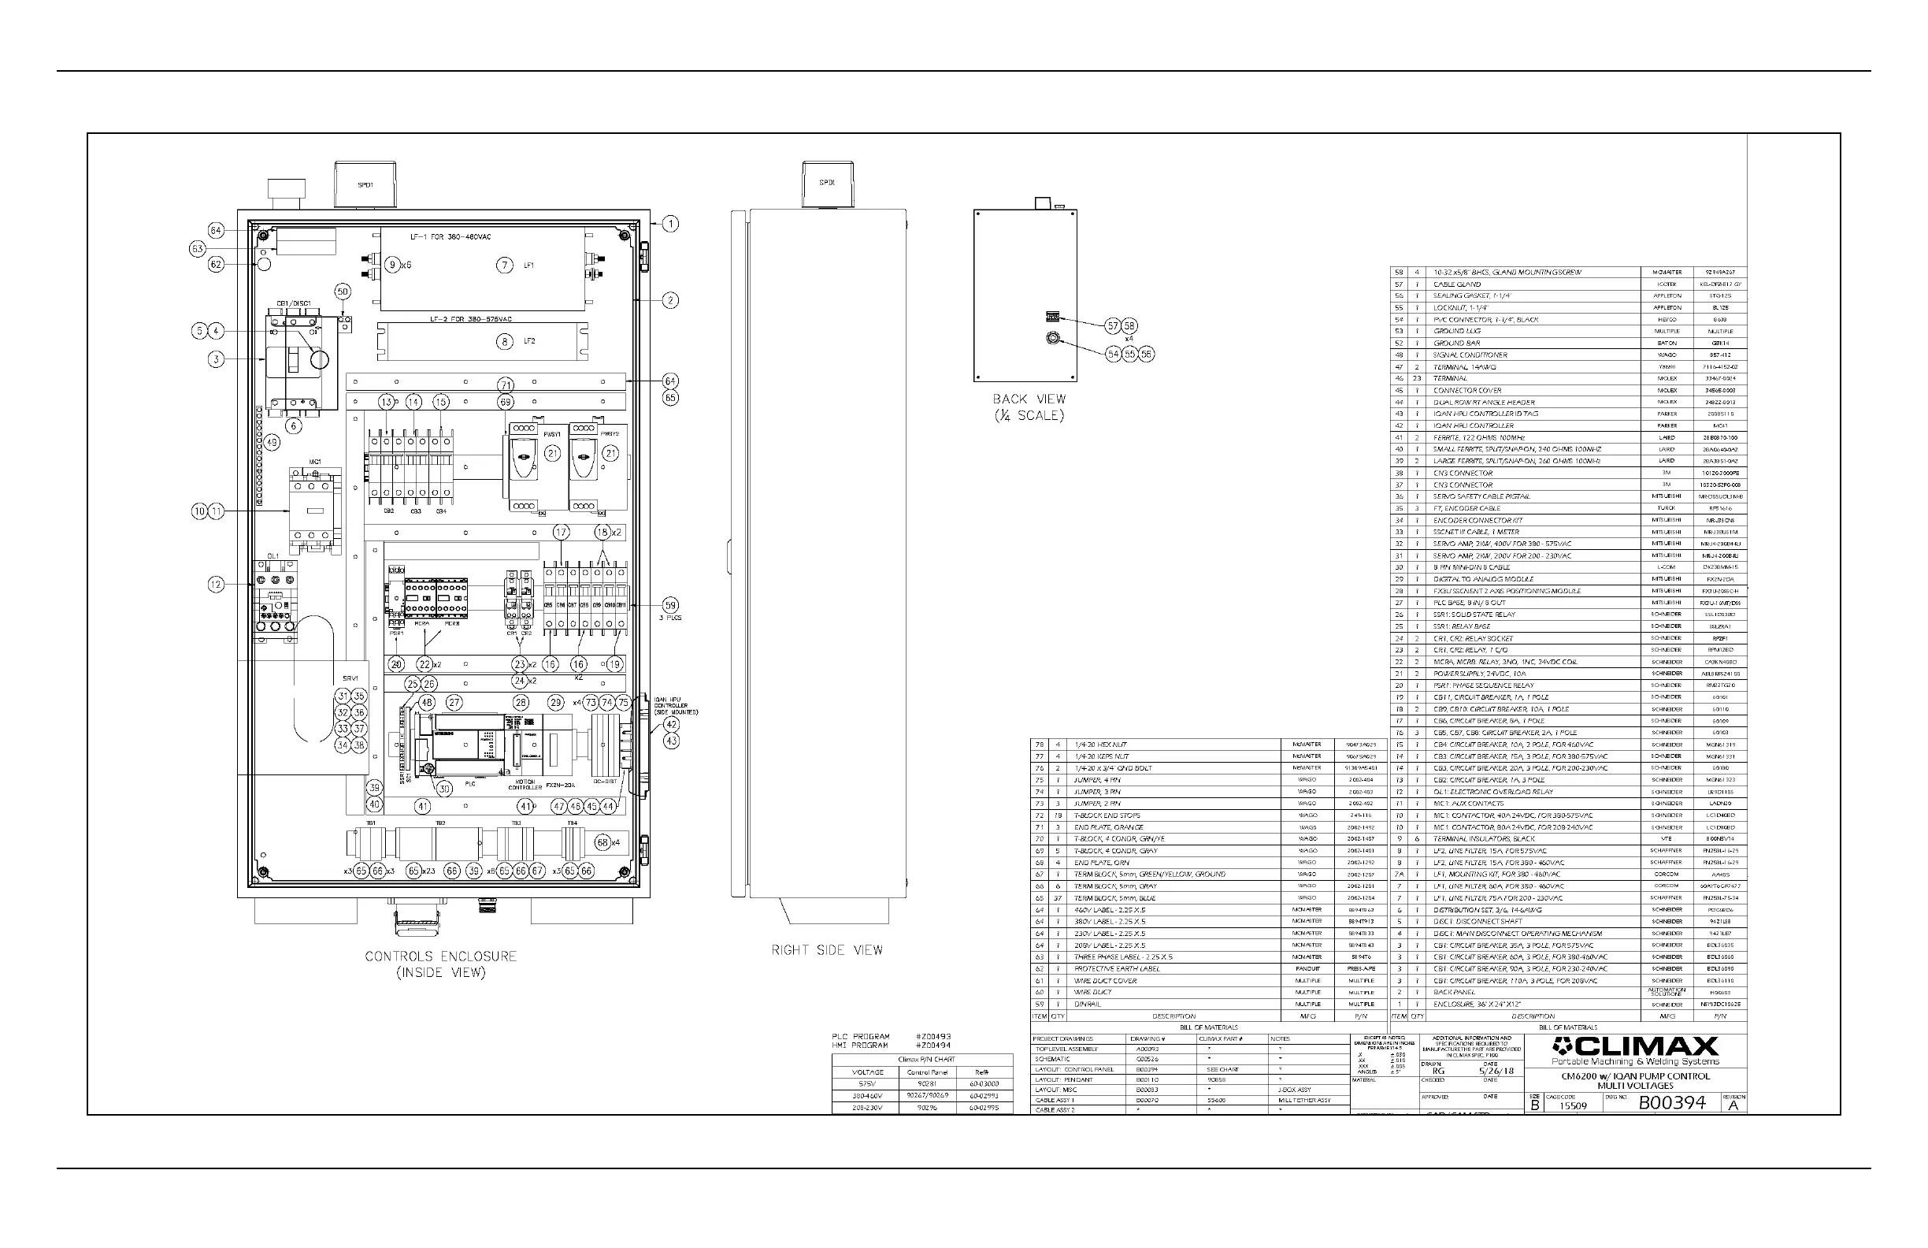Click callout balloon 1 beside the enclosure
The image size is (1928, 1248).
[671, 224]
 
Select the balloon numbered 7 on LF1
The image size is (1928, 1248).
[505, 265]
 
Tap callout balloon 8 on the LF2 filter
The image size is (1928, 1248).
[505, 341]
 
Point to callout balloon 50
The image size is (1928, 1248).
[343, 292]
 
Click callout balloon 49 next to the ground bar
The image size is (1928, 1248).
[273, 443]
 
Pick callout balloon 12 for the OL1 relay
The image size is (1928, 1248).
[216, 584]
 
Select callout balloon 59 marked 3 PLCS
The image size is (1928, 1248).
[670, 604]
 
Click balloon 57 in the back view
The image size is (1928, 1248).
[1113, 325]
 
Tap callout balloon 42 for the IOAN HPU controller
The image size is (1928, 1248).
[672, 725]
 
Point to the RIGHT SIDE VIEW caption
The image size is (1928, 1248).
[826, 949]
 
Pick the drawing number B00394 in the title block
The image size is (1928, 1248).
[1671, 1102]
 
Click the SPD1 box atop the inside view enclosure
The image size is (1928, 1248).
[365, 185]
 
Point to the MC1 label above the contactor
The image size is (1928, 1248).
[315, 462]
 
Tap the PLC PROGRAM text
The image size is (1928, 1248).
[860, 1037]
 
